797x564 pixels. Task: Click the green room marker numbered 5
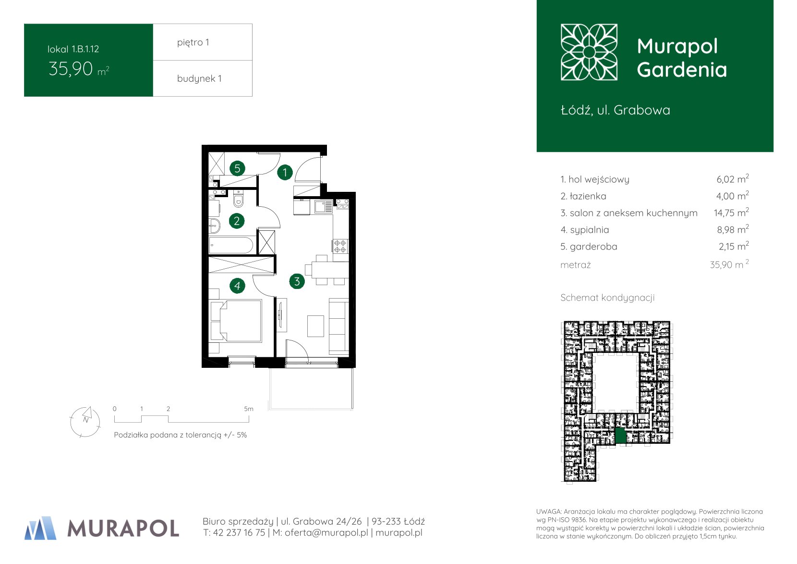click(237, 168)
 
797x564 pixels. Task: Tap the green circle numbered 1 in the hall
click(285, 173)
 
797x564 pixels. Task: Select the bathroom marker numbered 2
click(237, 221)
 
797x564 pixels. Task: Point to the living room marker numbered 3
click(297, 281)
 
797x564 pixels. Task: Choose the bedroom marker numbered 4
click(237, 286)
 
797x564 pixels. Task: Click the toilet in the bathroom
click(239, 199)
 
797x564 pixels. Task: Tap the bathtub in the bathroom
click(231, 246)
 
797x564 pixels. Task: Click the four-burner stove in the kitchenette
click(340, 246)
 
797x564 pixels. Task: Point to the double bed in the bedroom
click(236, 321)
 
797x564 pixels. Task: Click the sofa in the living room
click(339, 326)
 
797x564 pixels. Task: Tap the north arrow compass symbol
click(85, 422)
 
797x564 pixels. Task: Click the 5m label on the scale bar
click(249, 409)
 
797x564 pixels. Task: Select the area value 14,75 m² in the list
click(731, 213)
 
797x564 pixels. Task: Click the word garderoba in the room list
click(593, 247)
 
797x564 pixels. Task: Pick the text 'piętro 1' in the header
click(193, 43)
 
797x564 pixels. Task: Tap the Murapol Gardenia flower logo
click(589, 52)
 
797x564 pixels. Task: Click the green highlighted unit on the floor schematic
click(620, 435)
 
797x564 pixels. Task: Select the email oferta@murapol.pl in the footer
click(326, 533)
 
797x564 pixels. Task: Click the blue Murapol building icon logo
click(40, 528)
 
